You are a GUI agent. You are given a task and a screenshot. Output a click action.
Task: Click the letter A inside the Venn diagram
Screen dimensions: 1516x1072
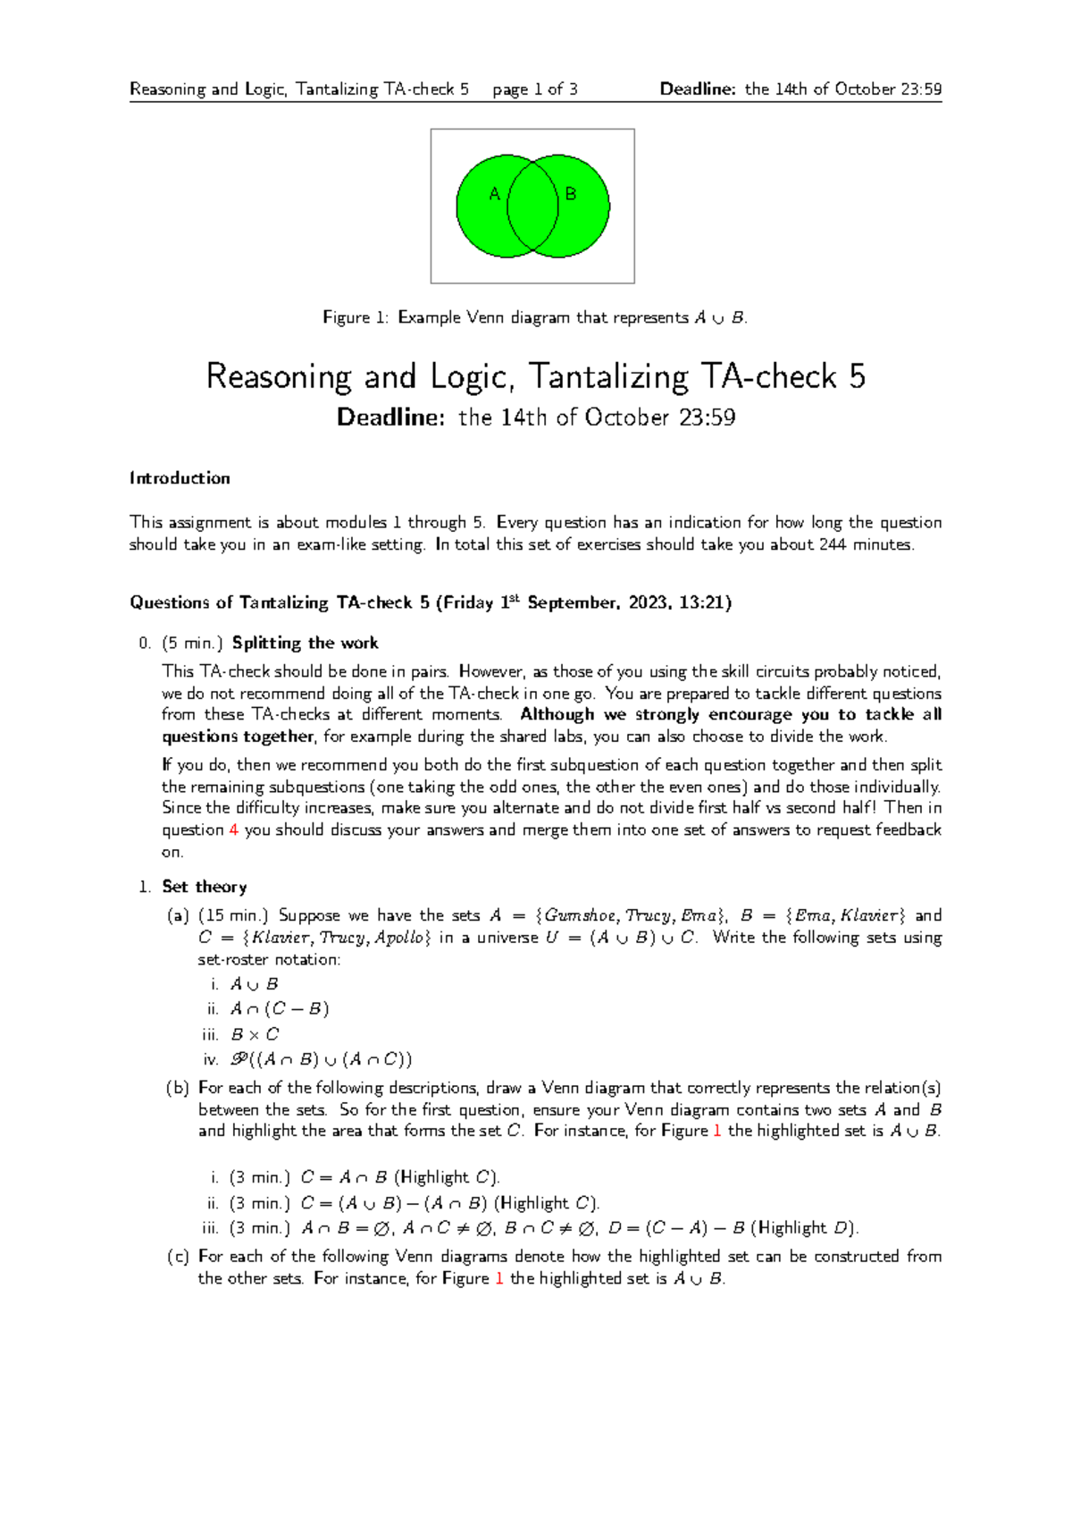[494, 194]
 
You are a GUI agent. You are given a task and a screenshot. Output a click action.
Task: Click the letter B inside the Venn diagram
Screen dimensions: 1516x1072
[571, 194]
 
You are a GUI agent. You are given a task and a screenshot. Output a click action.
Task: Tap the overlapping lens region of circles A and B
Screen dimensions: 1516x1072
[533, 206]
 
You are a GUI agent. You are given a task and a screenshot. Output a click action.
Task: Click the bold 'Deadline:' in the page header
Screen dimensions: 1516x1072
[698, 88]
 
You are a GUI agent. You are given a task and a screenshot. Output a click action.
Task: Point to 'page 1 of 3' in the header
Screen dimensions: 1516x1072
[534, 88]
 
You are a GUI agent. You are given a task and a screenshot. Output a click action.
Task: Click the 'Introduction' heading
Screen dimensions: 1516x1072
[180, 478]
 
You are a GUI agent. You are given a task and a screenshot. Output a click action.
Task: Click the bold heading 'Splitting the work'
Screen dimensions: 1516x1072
[305, 643]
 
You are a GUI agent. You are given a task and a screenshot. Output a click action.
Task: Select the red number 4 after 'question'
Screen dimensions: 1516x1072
[234, 830]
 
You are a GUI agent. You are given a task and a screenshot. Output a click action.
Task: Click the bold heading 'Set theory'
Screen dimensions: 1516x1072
[204, 887]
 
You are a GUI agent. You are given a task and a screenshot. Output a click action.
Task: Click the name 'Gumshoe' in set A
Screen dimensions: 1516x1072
[581, 915]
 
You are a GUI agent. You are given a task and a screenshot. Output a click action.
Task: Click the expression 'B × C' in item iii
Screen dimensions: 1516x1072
[255, 1034]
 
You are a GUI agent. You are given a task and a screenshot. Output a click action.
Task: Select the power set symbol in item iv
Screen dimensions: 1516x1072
[239, 1059]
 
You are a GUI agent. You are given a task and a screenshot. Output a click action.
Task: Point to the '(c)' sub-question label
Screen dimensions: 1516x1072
[178, 1257]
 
